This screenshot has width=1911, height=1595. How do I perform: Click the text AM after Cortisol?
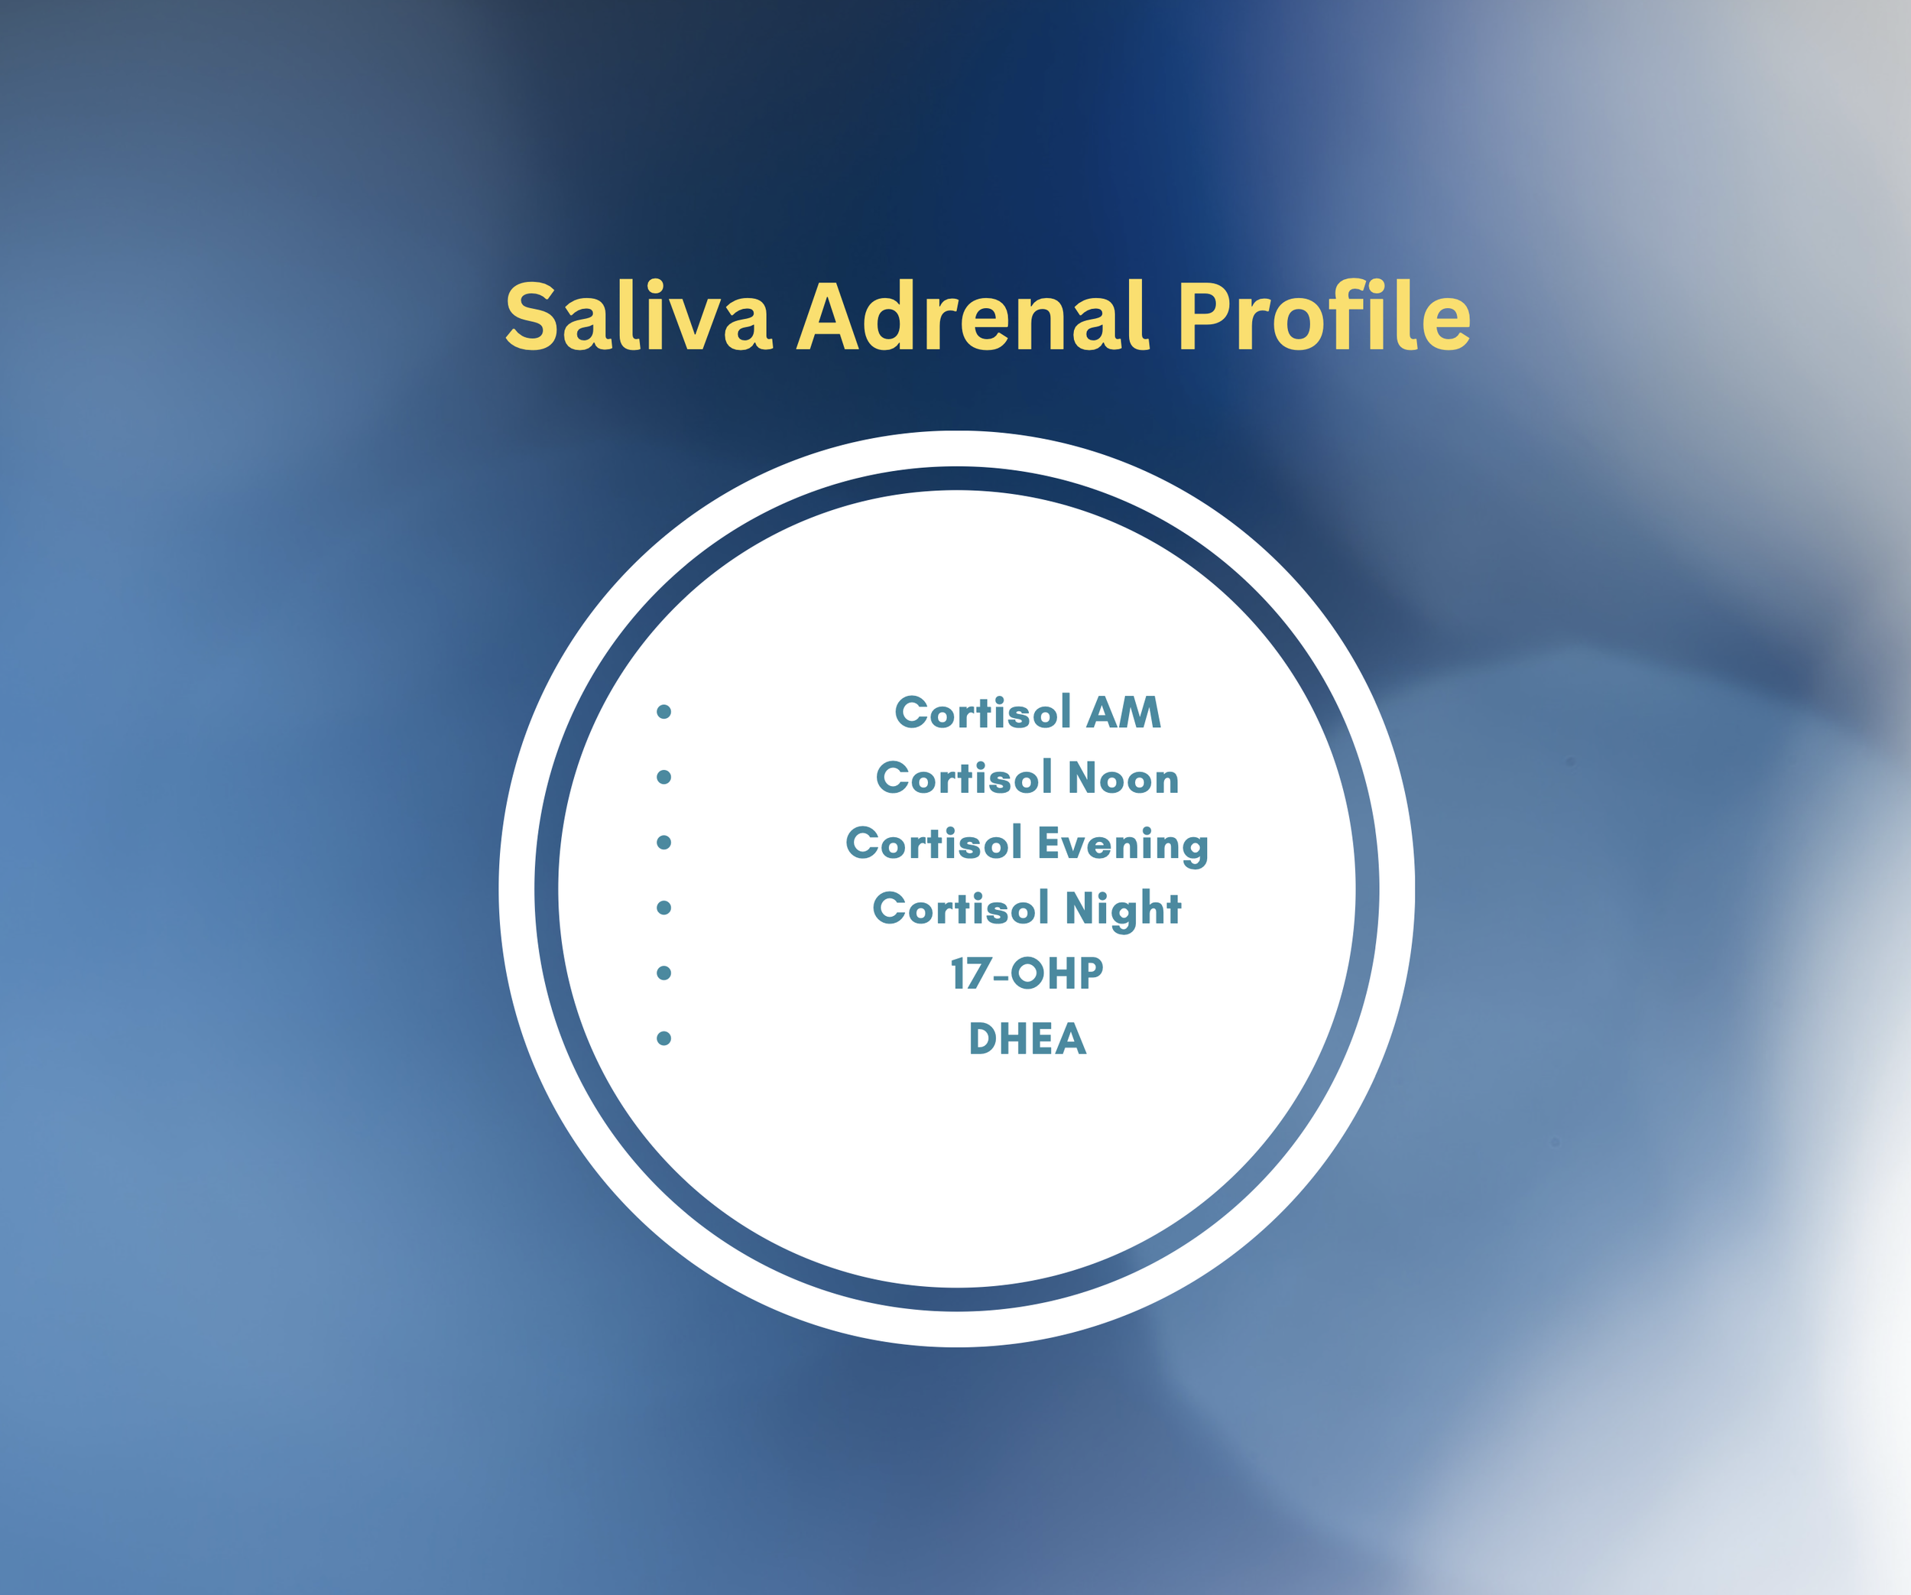[x=1124, y=713]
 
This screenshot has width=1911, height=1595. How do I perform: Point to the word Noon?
[x=1123, y=778]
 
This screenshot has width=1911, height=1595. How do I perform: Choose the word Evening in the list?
[x=1123, y=844]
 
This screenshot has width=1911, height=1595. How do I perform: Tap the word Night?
[x=1123, y=909]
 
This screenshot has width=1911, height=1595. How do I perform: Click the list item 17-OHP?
[x=1027, y=974]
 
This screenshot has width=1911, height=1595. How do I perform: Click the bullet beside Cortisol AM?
[x=664, y=712]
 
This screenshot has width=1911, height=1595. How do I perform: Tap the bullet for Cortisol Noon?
[x=664, y=777]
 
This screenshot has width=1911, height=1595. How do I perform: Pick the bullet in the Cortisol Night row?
[x=664, y=908]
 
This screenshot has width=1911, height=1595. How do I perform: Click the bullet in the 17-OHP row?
[x=664, y=973]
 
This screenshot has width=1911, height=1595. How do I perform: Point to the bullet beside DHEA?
[x=664, y=1038]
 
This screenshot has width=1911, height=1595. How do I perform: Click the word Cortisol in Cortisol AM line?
[x=983, y=713]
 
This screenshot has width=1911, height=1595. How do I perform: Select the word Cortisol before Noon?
[x=965, y=778]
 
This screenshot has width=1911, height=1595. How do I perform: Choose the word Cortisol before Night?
[x=961, y=909]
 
